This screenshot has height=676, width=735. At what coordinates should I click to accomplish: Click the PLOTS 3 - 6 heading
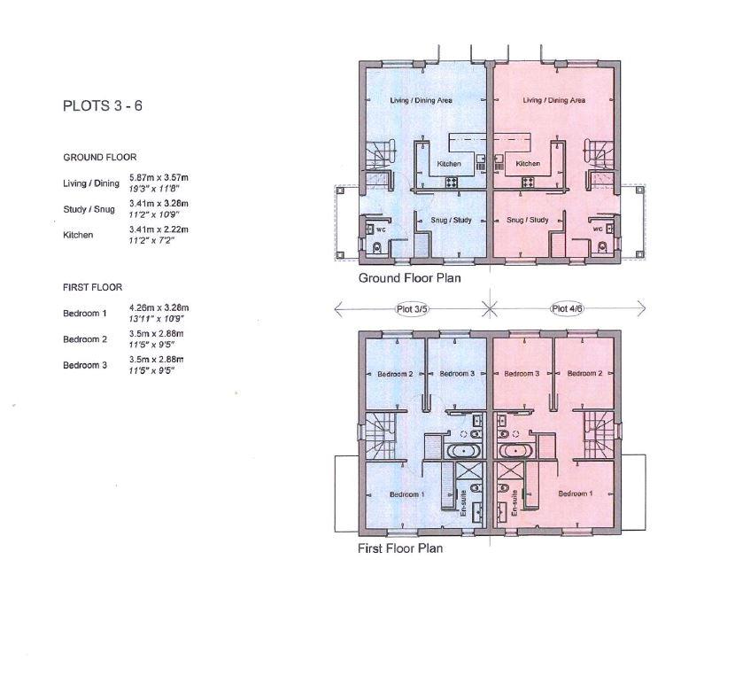[x=103, y=105]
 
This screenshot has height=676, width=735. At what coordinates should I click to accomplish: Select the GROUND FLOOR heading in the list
[x=99, y=157]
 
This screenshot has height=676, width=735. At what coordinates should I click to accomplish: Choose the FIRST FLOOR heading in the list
[x=92, y=287]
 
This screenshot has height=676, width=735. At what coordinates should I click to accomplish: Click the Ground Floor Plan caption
[x=409, y=278]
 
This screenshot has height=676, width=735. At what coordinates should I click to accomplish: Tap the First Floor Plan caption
[x=400, y=548]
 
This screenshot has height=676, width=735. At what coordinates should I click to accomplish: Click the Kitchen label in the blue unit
[x=449, y=164]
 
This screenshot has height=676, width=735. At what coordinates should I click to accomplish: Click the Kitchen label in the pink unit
[x=528, y=164]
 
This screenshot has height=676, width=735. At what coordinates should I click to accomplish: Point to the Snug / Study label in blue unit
[x=449, y=220]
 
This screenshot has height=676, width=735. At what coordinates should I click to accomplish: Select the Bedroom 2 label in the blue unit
[x=396, y=374]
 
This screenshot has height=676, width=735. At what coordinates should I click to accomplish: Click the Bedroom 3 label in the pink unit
[x=522, y=374]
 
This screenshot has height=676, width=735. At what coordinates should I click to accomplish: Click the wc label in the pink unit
[x=597, y=229]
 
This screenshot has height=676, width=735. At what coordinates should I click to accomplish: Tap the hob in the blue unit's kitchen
[x=451, y=182]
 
